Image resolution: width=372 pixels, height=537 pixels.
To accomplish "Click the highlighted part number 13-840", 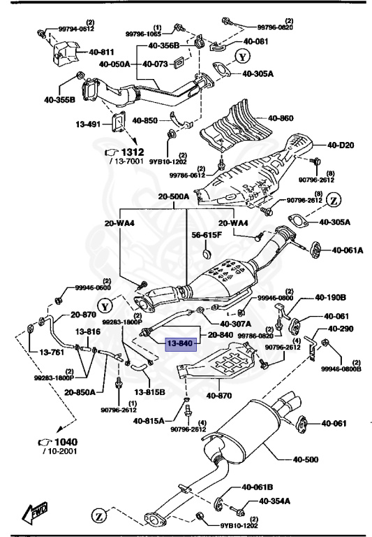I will tap(178, 343).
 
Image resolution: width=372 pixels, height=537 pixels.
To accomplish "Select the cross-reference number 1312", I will tap(133, 152).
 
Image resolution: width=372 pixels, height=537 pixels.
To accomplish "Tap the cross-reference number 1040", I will tap(65, 442).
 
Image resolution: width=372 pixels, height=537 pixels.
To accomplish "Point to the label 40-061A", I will tap(347, 249).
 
